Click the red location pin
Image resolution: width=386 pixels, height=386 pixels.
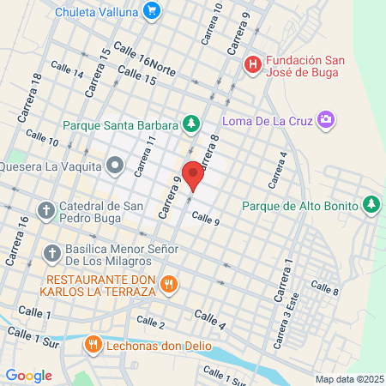coord(193,174)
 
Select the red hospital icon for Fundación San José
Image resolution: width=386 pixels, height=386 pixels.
coord(252,64)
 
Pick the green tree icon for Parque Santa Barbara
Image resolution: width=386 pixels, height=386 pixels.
coord(190,126)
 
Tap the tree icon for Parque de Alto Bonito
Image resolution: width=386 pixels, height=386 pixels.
coord(371,204)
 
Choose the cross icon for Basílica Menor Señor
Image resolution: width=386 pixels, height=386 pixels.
coord(51,253)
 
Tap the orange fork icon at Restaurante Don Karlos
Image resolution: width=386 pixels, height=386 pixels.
coord(169,283)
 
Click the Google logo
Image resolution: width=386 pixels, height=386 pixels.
coord(28,375)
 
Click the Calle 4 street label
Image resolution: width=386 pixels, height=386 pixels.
coord(209,320)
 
